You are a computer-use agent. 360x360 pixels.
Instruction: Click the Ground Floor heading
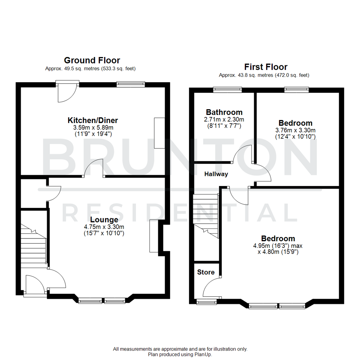92,60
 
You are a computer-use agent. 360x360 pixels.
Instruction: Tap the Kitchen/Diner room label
93,120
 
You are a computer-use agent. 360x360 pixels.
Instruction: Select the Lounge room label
104,220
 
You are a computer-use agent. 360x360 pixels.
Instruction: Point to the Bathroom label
224,112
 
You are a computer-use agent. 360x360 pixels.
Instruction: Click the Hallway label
216,174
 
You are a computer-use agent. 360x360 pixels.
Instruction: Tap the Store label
206,272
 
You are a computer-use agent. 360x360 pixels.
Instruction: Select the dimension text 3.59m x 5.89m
93,128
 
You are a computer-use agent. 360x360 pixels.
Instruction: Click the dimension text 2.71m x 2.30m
224,119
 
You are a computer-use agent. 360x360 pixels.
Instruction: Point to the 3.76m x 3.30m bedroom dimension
295,130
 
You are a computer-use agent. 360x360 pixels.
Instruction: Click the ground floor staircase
33,247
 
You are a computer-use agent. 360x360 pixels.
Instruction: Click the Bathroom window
227,89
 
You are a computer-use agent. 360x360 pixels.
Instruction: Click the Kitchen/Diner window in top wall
131,84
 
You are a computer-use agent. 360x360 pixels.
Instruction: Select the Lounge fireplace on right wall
154,236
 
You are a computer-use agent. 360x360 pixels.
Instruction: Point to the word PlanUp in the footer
204,354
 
